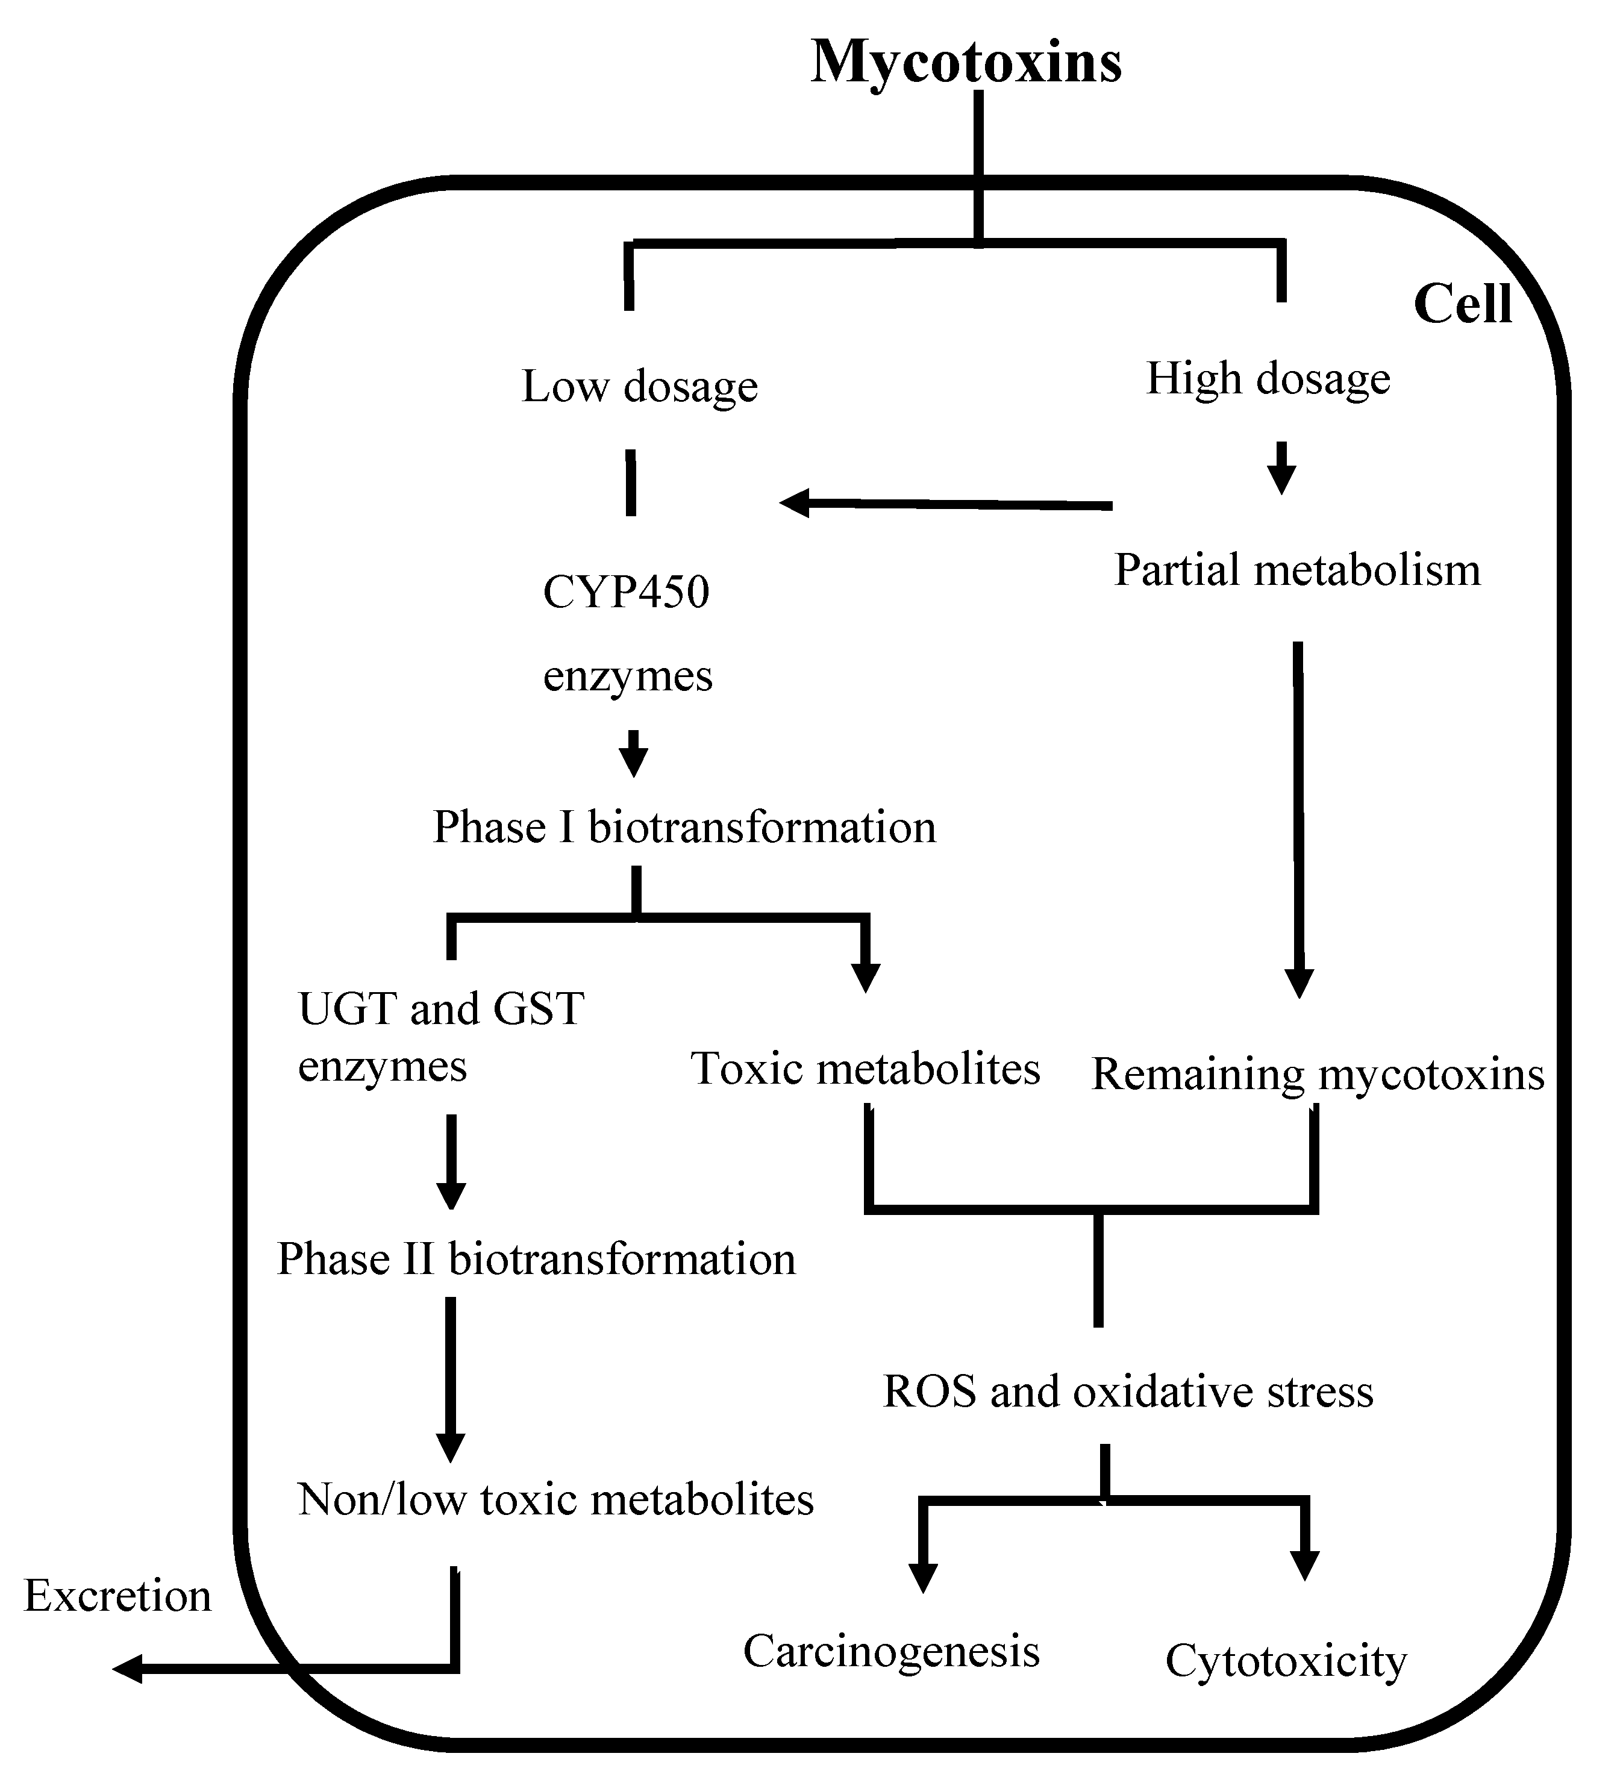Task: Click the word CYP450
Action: pos(626,592)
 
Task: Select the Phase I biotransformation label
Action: pos(684,827)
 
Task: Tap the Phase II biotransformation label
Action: pos(536,1259)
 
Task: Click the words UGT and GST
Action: pos(441,1008)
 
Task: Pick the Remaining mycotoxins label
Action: pos(1318,1075)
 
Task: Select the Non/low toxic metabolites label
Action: pos(555,1501)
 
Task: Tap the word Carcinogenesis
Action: pos(892,1651)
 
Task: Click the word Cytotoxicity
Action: pos(1286,1661)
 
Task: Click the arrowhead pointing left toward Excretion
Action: pos(128,1669)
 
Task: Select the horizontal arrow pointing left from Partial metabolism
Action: pos(946,504)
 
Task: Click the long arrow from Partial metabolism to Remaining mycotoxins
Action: pos(1298,819)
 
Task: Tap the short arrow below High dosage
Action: pos(1281,468)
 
